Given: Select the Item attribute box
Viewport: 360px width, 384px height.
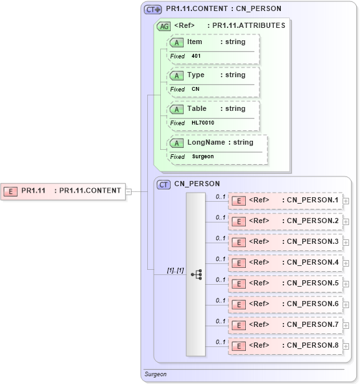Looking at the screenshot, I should (213, 42).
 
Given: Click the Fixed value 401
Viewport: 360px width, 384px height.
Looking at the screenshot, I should (196, 56).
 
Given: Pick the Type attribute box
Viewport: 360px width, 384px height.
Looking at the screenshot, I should (213, 75).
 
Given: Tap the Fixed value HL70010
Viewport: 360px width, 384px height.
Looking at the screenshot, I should (202, 123).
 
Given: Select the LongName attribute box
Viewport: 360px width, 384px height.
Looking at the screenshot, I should (217, 143).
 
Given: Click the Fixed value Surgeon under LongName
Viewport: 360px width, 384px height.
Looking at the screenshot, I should (202, 156).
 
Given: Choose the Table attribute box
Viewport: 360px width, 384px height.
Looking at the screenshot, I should (213, 109).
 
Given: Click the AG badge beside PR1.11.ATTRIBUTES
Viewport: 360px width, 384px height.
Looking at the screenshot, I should (164, 26).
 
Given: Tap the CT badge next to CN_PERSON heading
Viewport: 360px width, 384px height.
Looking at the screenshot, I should (164, 184).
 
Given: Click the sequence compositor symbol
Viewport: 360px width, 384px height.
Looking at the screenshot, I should (196, 274).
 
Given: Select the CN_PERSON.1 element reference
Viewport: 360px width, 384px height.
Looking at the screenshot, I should (285, 200).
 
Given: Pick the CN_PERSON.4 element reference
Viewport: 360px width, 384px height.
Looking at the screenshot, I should (285, 263).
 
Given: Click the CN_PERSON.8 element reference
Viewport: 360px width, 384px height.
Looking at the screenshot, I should (285, 346).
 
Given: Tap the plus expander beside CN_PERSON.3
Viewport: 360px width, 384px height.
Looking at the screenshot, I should (346, 242).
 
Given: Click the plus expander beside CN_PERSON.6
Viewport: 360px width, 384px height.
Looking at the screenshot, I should (346, 304).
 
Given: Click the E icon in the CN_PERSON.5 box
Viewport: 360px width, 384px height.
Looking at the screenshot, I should (239, 283).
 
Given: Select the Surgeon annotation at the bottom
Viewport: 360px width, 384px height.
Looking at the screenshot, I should (155, 374).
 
